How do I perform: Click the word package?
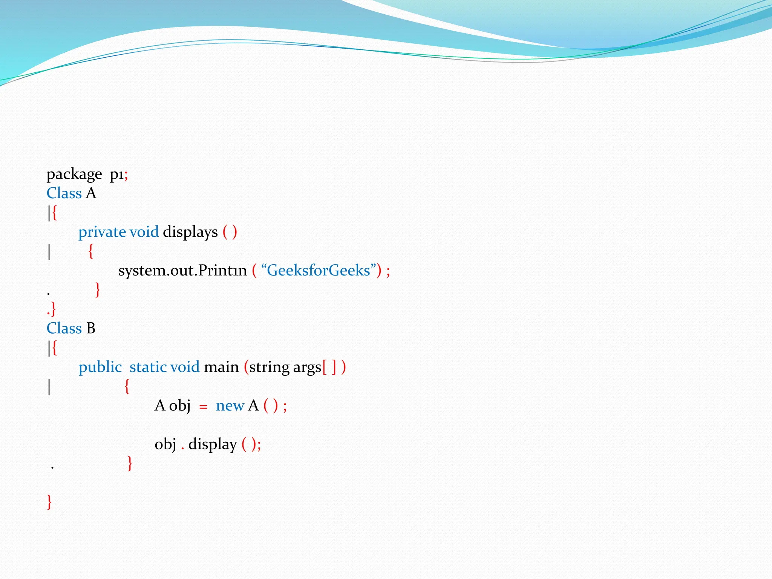(x=74, y=175)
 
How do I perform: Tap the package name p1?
(x=116, y=175)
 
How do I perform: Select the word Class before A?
(x=64, y=193)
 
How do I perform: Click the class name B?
(x=90, y=328)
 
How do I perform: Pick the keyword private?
(x=102, y=232)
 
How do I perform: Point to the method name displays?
(x=190, y=232)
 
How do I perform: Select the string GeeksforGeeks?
(x=319, y=271)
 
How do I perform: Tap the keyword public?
(x=100, y=367)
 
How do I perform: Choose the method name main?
(x=221, y=367)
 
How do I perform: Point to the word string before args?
(x=269, y=367)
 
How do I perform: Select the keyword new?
(x=230, y=406)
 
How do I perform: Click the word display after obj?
(x=213, y=444)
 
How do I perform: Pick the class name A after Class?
(x=91, y=193)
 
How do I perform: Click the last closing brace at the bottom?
(x=49, y=502)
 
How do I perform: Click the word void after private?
(x=144, y=232)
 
